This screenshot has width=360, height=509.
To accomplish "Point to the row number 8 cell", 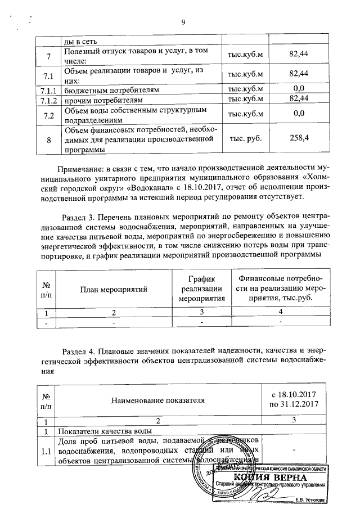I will tap(48, 139).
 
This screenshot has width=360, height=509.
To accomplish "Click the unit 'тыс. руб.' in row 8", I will tap(245, 139).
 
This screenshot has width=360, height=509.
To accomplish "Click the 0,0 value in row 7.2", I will tap(299, 114).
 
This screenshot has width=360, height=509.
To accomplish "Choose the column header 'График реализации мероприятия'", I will tap(202, 289).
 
